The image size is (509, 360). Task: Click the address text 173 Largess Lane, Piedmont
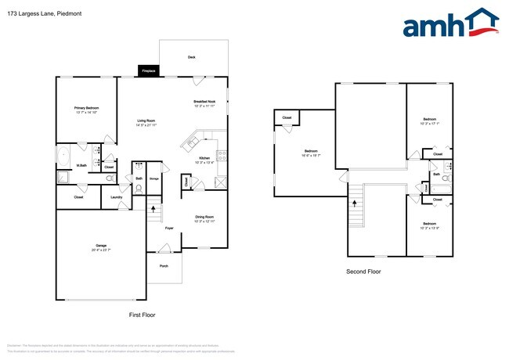34,13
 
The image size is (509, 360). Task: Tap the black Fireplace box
148,71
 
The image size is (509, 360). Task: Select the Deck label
192,57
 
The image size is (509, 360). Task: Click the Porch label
164,266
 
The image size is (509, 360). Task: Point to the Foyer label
168,228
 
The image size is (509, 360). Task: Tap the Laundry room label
116,197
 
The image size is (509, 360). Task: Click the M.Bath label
81,165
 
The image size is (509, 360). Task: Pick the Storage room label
154,179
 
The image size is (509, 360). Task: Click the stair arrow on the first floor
153,209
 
